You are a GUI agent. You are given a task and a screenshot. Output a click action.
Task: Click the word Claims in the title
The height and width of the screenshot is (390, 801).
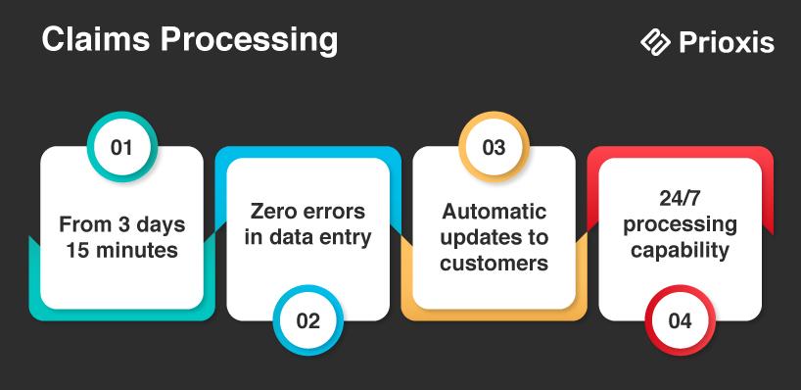point(96,40)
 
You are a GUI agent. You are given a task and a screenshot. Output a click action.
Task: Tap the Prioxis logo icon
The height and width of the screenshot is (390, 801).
point(655,42)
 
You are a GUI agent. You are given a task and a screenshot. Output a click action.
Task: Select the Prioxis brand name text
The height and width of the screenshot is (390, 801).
point(727,42)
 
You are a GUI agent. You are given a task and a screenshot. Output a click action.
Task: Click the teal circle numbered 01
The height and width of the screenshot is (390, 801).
point(121,147)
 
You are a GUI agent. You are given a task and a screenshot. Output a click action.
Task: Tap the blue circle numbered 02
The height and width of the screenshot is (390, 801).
point(307,320)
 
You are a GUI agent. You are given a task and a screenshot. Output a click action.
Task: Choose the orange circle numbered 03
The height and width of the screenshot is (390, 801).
point(494,147)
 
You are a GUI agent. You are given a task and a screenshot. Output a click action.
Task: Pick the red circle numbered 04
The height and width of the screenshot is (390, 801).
point(680,320)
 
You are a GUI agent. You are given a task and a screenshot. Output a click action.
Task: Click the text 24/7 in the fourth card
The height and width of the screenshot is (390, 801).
point(680,199)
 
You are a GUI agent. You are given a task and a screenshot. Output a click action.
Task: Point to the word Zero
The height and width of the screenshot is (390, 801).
point(275,212)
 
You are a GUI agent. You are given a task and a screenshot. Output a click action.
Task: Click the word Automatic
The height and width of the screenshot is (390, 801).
point(494,212)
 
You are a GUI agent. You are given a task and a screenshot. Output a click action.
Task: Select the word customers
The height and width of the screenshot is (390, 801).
point(494,264)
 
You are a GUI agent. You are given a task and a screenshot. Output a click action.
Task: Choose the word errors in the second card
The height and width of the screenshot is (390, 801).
point(336,212)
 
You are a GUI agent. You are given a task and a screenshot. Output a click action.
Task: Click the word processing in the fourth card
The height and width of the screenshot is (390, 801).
point(680,225)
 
